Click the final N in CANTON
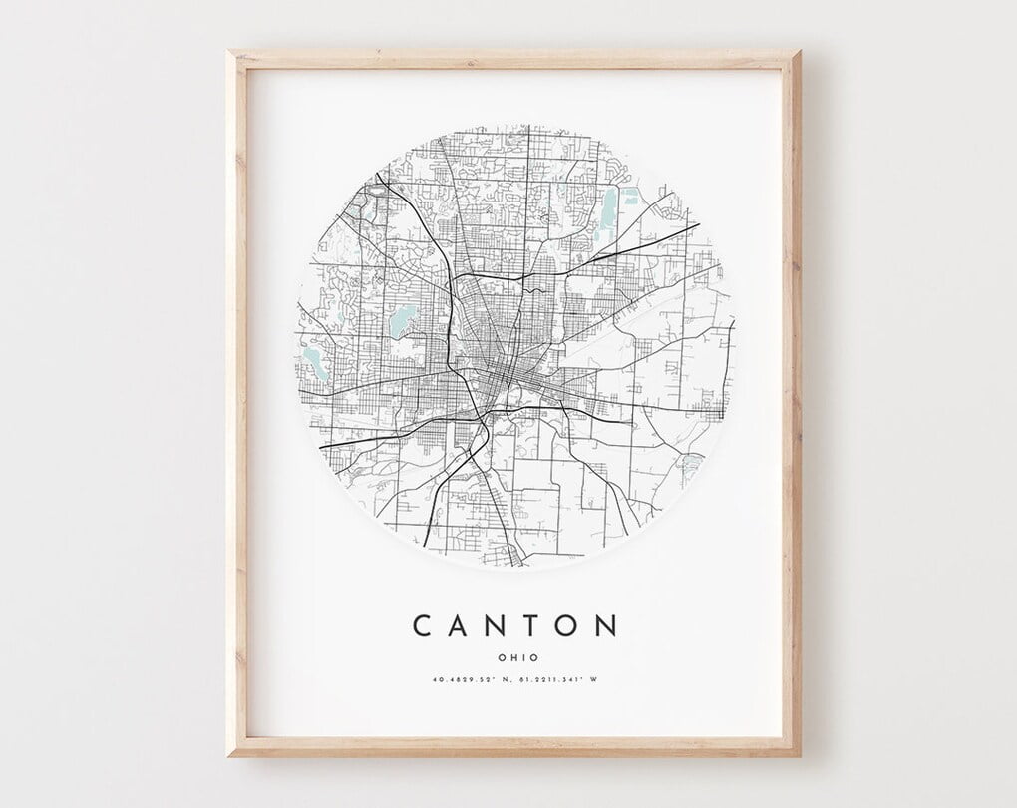click(x=606, y=626)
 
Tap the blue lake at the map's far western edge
click(x=317, y=362)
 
